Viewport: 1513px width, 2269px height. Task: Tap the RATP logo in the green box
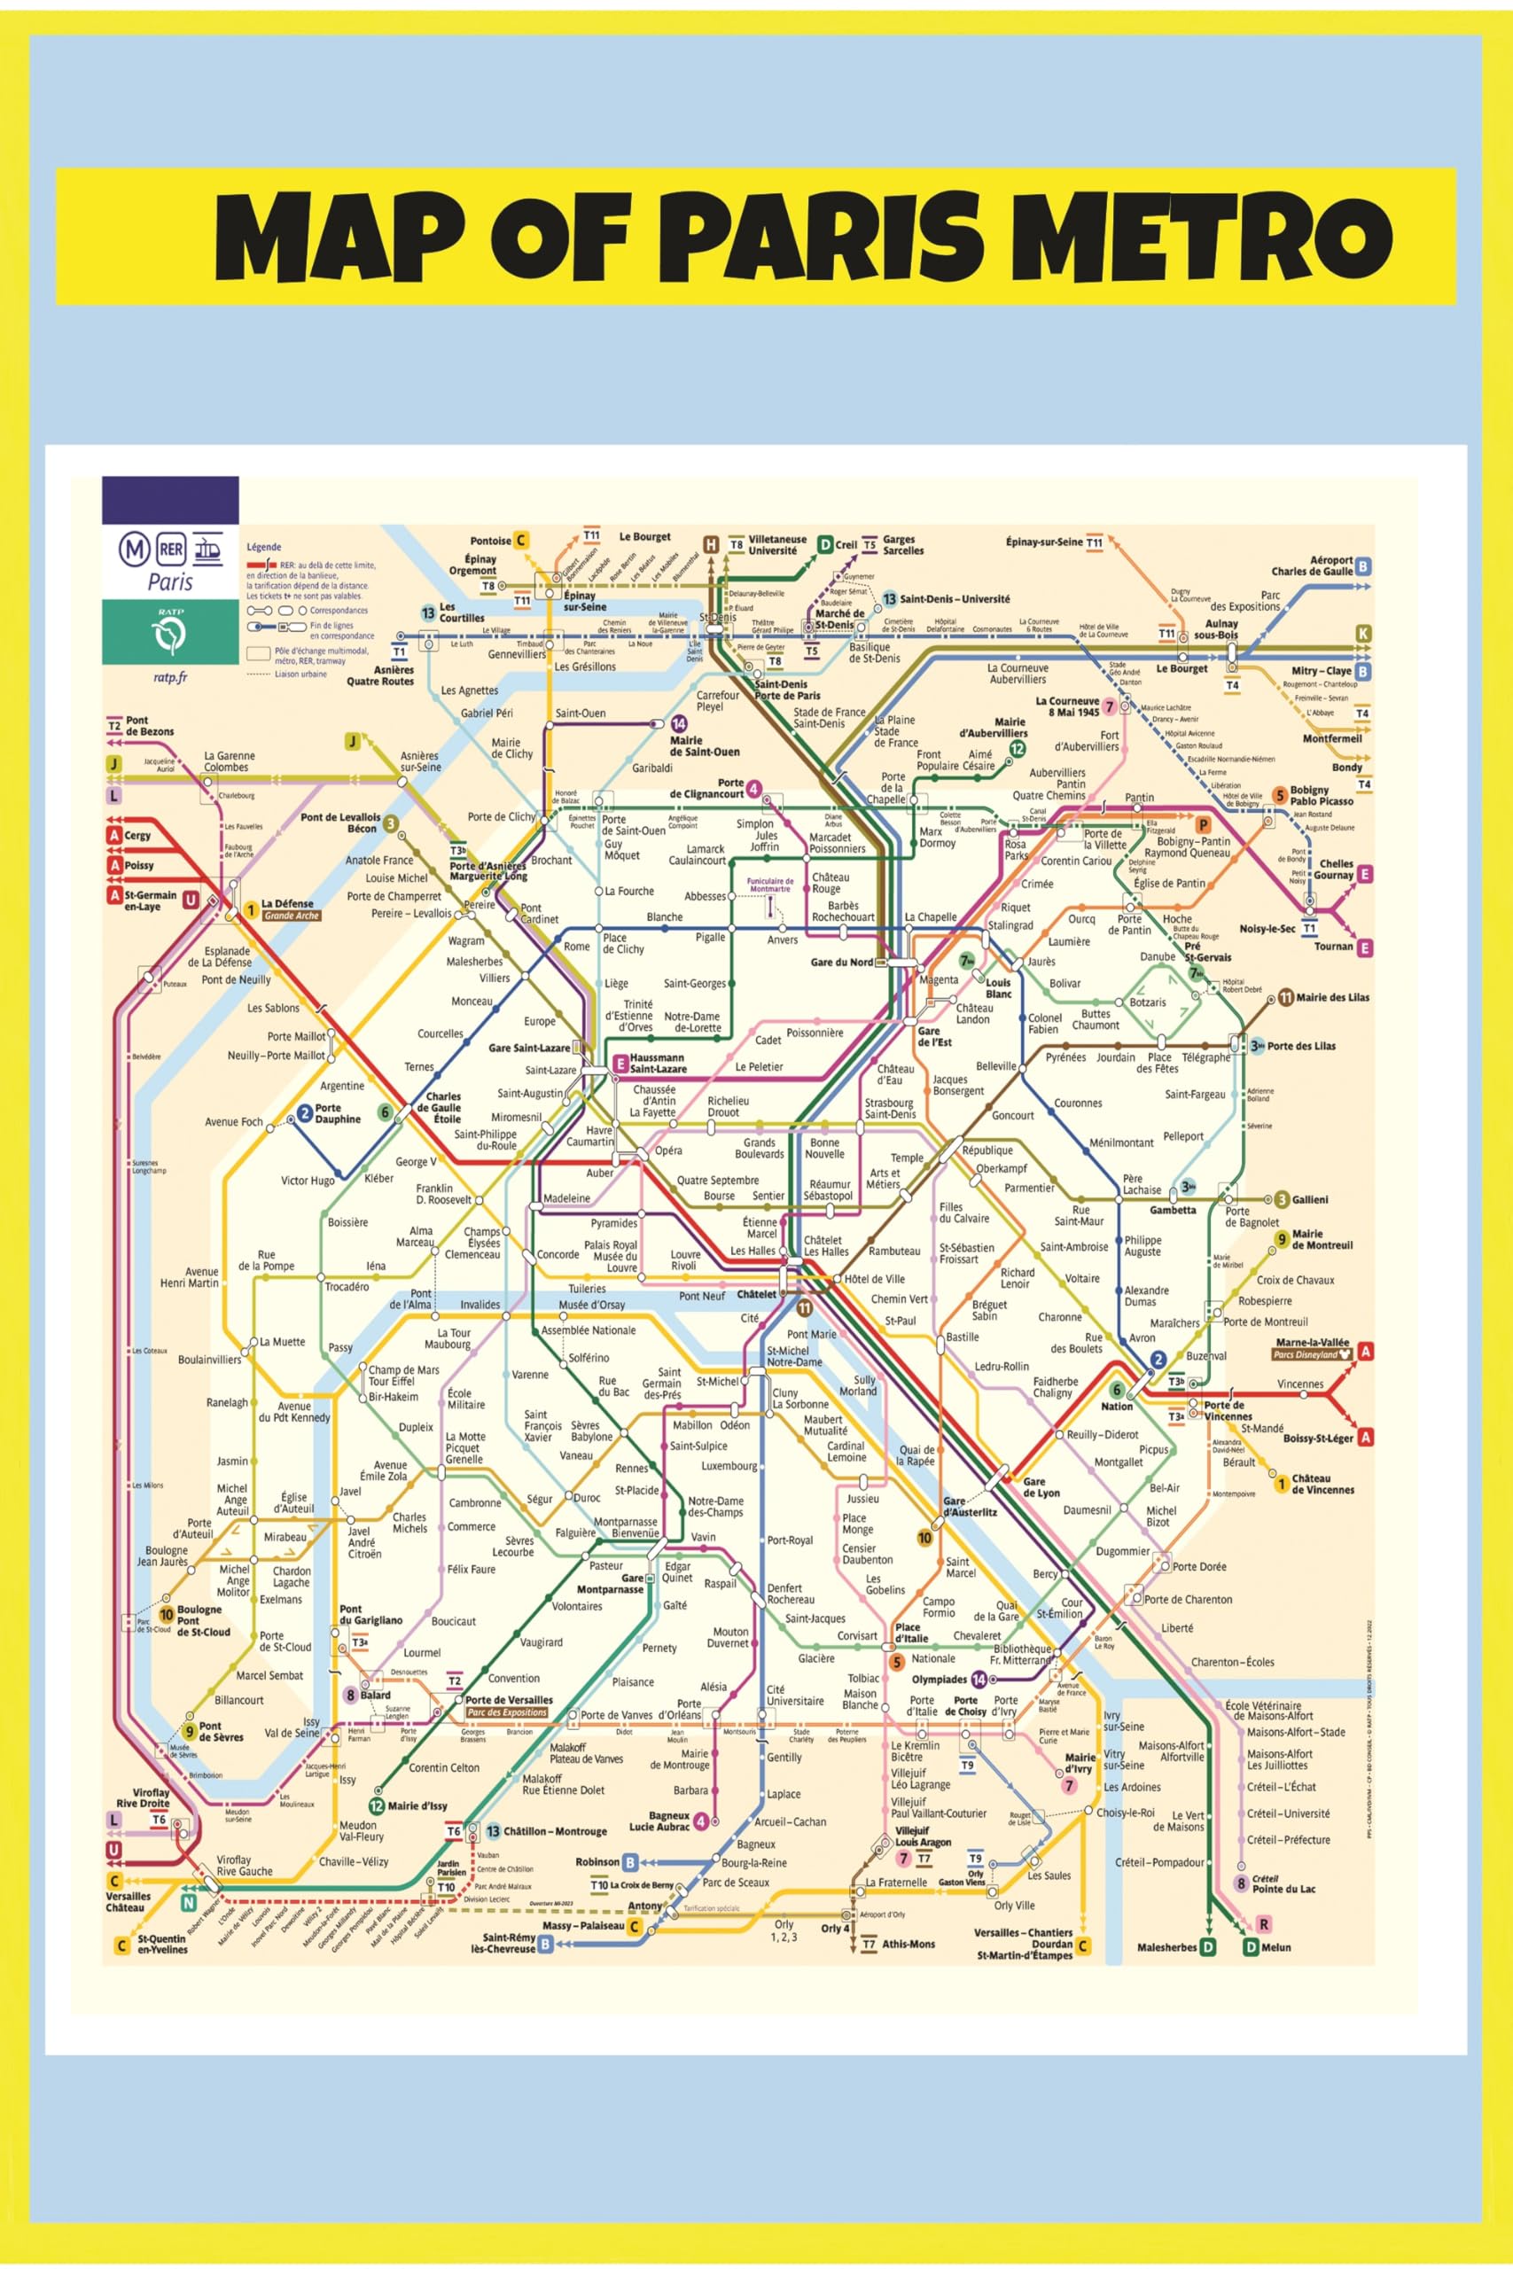pyautogui.click(x=171, y=635)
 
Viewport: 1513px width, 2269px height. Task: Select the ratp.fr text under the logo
pyautogui.click(x=170, y=677)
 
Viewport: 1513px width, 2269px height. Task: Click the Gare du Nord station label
pyautogui.click(x=841, y=962)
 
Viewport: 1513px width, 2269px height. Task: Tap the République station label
pyautogui.click(x=987, y=1150)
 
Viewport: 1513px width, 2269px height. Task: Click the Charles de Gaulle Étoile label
pyautogui.click(x=443, y=1108)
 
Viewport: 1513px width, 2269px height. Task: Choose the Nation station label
pyautogui.click(x=1117, y=1406)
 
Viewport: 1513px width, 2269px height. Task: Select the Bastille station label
pyautogui.click(x=962, y=1337)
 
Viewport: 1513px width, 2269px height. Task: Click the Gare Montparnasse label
pyautogui.click(x=610, y=1583)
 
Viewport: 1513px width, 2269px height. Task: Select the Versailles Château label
pyautogui.click(x=128, y=1901)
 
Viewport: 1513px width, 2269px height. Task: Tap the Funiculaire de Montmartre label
pyautogui.click(x=770, y=885)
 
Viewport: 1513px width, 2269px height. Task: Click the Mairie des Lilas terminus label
pyautogui.click(x=1331, y=997)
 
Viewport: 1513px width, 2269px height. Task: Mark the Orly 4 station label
pyautogui.click(x=836, y=1929)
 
